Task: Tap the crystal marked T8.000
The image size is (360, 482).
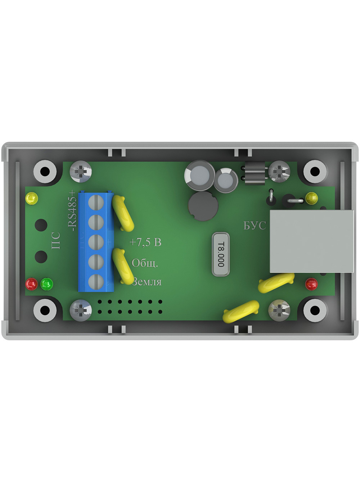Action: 221,254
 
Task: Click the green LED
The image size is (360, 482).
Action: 47,284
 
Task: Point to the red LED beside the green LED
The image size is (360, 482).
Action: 32,284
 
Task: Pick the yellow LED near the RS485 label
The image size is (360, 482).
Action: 32,198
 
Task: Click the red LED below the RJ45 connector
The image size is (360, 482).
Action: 312,284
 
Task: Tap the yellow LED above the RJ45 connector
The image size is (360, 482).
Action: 312,198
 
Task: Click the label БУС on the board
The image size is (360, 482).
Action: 255,225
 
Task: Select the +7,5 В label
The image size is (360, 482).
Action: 145,242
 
